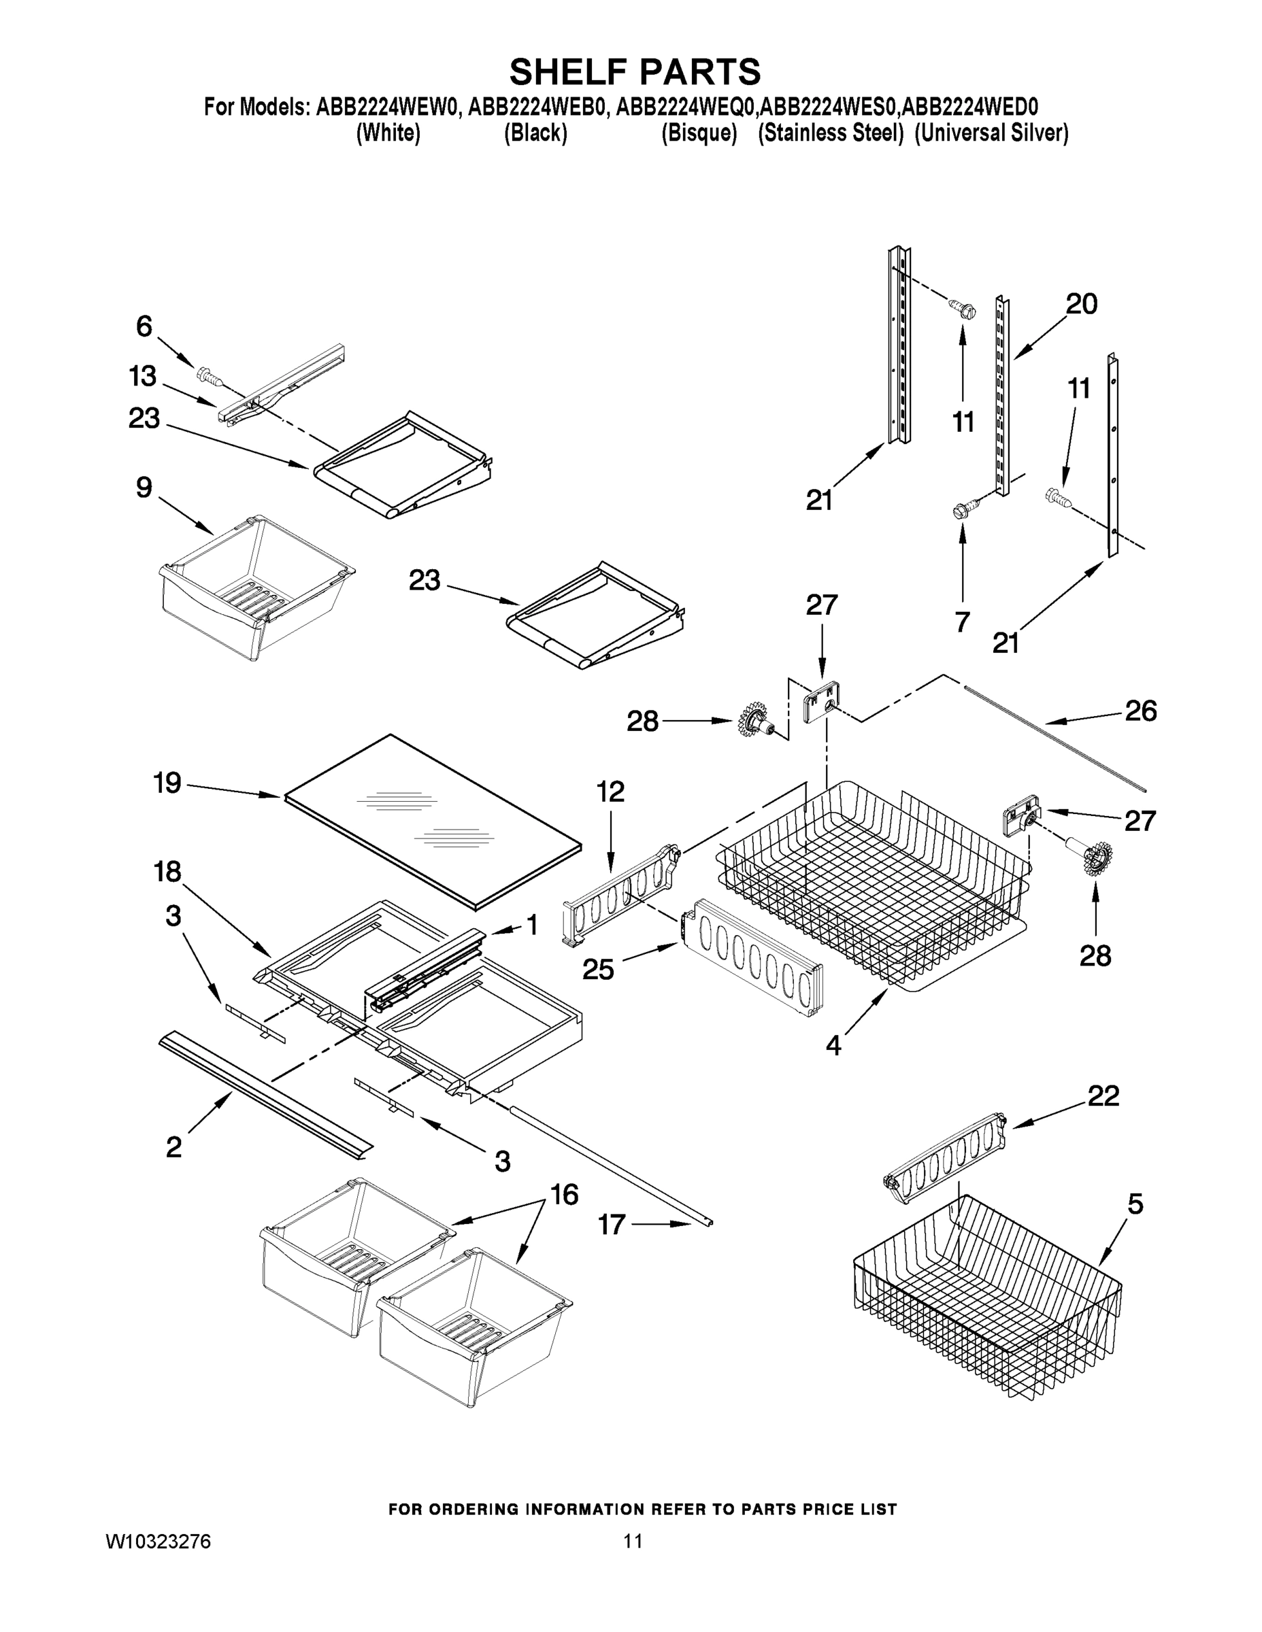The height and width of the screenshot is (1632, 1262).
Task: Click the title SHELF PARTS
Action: tap(635, 73)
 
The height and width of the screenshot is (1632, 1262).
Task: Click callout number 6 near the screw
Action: tap(144, 326)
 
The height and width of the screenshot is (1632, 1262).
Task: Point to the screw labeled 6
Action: tap(208, 375)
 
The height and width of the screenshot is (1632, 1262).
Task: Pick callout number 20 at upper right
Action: tap(1081, 303)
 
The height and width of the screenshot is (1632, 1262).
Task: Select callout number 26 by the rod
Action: tap(1141, 711)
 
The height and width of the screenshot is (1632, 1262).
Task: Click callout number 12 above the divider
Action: tap(611, 791)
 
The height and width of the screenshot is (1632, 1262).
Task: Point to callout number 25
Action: tap(598, 970)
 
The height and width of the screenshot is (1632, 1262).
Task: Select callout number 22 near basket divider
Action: tap(1103, 1095)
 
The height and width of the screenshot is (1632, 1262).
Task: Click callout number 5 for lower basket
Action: tap(1135, 1204)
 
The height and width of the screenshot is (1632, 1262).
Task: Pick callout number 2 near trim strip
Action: tap(173, 1146)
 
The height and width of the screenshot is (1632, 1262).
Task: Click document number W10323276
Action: tap(158, 1542)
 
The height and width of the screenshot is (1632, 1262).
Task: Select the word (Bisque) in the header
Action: tap(699, 133)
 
